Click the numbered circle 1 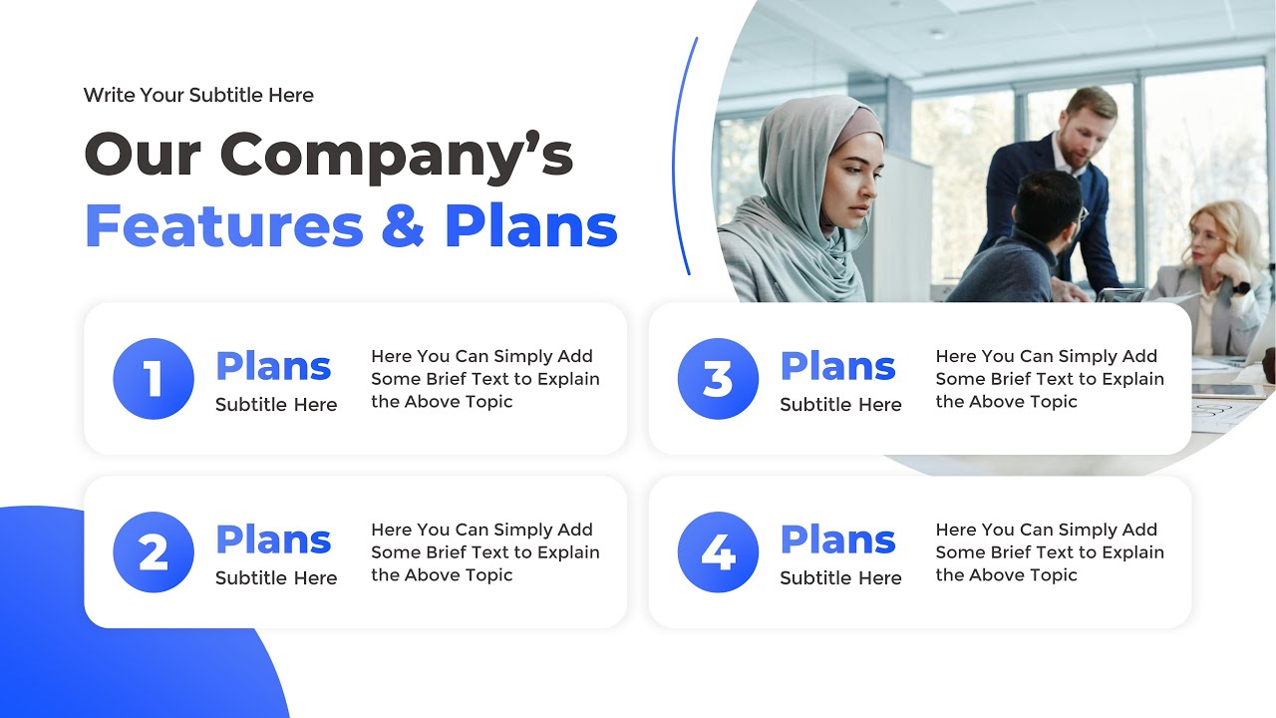click(x=153, y=379)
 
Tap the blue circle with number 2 click(x=153, y=552)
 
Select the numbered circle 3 click(x=718, y=379)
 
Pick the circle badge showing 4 click(x=718, y=552)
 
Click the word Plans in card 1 click(x=273, y=367)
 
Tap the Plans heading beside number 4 click(x=837, y=540)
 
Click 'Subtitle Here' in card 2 click(x=276, y=578)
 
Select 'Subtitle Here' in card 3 click(x=840, y=405)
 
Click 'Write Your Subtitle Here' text click(x=198, y=96)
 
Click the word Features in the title click(x=224, y=226)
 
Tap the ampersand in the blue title click(x=403, y=227)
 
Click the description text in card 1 click(x=485, y=379)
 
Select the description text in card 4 click(x=1050, y=552)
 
